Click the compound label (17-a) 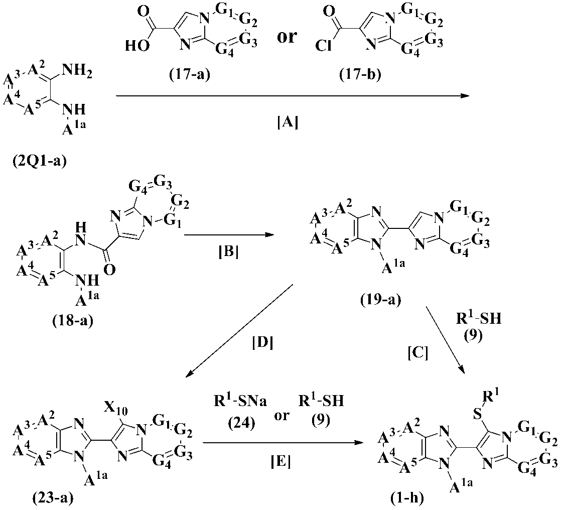(190, 76)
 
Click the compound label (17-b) (361, 77)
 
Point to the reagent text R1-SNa (238, 402)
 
